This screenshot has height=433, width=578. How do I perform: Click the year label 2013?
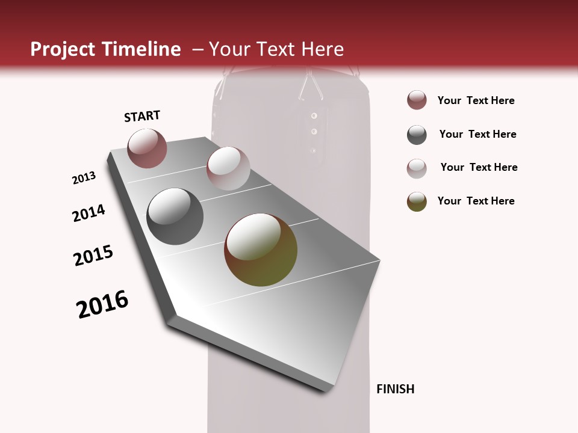tap(84, 177)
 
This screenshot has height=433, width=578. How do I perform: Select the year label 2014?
tap(89, 213)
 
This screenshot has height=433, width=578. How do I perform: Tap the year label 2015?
tap(93, 256)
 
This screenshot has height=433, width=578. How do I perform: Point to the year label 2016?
tap(102, 304)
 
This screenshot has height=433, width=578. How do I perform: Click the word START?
tap(142, 116)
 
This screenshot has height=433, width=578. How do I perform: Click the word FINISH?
tap(396, 389)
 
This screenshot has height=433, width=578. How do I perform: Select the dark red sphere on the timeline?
tap(147, 148)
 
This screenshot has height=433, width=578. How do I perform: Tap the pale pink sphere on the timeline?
tap(228, 168)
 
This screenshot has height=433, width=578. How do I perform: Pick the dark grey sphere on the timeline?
tap(175, 216)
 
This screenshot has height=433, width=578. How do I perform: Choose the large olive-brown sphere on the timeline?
tap(261, 250)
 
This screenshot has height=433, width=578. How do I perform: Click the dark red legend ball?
tap(417, 100)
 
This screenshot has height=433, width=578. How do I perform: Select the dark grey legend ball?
tap(417, 135)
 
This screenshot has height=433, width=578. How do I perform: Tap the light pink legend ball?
tap(417, 168)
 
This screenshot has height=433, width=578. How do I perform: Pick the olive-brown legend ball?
tap(417, 201)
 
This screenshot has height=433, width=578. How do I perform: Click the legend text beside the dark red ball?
tap(476, 100)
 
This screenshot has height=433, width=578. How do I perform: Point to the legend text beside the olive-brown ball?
tap(476, 201)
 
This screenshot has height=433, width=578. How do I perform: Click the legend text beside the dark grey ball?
tap(477, 134)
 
